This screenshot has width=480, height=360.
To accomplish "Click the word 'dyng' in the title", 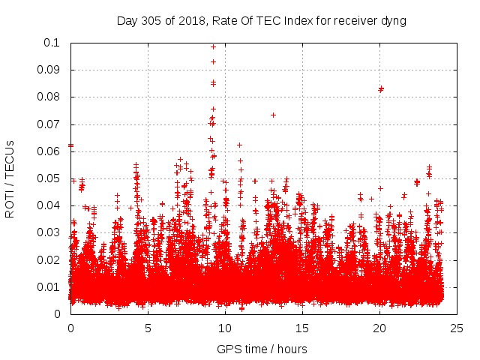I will (392, 21).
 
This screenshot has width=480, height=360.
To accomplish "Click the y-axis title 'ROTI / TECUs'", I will (10, 178).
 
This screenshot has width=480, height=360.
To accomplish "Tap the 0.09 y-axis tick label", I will (49, 70).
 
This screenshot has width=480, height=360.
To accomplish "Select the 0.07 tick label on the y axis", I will (49, 124).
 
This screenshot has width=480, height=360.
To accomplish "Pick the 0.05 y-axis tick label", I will (49, 178).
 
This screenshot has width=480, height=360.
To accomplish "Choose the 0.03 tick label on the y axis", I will (49, 232).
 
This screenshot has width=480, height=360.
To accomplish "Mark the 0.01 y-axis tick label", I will (49, 286).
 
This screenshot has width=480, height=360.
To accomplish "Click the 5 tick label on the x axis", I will (148, 328).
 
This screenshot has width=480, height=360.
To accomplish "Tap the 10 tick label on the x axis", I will (225, 328).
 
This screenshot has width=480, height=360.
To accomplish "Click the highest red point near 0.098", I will (213, 46).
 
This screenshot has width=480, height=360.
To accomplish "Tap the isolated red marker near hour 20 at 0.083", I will (381, 88).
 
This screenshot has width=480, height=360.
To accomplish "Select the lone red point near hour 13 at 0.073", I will (273, 115).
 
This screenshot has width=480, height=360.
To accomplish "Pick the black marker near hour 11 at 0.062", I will (239, 145).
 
